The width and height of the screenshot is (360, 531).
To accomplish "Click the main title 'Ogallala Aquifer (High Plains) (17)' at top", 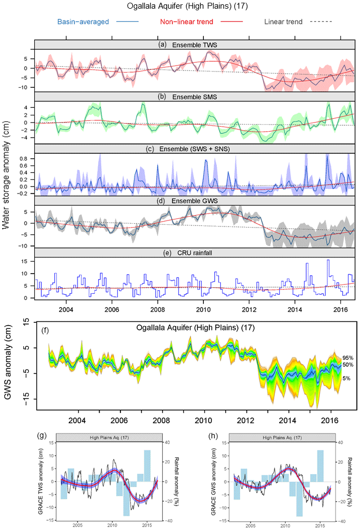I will pos(179,7).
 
